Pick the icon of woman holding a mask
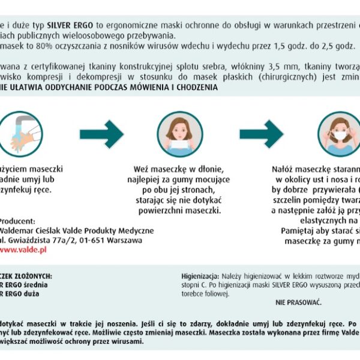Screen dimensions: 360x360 pyautogui.click(x=180, y=134)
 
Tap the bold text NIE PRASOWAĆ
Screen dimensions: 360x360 pyautogui.click(x=299, y=301)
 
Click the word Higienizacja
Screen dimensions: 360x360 pyautogui.click(x=200, y=275)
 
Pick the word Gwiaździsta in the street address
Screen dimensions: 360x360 pyautogui.click(x=31, y=240)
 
